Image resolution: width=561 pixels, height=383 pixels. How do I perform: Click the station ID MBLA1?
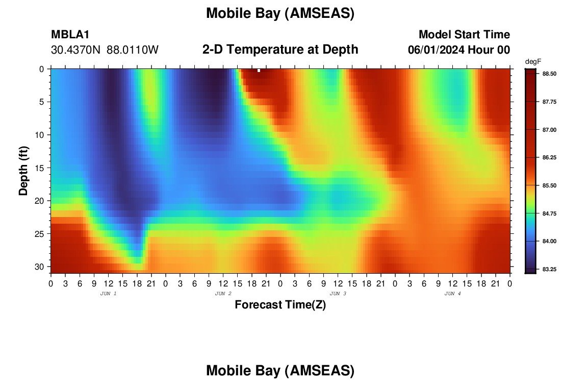pos(70,34)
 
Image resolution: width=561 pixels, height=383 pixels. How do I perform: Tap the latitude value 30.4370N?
pos(76,50)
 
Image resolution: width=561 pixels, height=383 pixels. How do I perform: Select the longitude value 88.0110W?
pos(133,50)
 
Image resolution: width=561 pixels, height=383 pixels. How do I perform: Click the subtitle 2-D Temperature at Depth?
pos(280,50)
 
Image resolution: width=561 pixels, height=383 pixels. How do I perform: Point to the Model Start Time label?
pos(465,34)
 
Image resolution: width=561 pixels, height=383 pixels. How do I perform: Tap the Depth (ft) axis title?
pos(23,171)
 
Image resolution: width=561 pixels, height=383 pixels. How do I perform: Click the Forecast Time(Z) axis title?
pos(280,304)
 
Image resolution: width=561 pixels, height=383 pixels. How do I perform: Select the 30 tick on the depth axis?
pos(40,267)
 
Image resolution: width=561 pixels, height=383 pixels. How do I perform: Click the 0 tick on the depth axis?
pos(42,69)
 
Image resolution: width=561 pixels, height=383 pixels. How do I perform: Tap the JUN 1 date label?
pos(109,294)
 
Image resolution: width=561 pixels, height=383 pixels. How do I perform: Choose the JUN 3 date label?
pos(338,294)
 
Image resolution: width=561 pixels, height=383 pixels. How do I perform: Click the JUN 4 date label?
pos(452,294)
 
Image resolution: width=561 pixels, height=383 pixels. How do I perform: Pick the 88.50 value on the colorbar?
pos(549,74)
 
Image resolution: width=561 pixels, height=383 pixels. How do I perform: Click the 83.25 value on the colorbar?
pos(549,270)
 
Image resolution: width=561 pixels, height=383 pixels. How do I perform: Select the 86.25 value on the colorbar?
pos(549,158)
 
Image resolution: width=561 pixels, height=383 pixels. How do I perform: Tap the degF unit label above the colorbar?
pos(533,62)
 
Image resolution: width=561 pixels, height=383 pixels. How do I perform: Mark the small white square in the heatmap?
pos(259,70)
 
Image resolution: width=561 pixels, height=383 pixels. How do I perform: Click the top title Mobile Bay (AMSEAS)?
pos(280,13)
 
